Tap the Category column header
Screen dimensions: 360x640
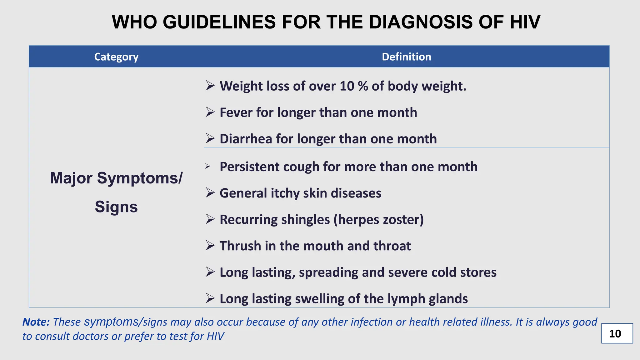[x=116, y=57]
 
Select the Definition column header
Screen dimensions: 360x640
[x=406, y=57]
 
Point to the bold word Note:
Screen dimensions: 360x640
[x=36, y=322]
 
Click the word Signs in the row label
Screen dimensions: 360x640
[x=116, y=207]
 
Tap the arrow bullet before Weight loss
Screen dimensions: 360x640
[x=210, y=86]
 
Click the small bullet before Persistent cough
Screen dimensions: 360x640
[x=208, y=166]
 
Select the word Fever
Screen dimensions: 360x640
[x=236, y=112]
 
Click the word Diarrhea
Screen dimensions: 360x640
[x=246, y=139]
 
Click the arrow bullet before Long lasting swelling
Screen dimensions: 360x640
[x=210, y=298]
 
